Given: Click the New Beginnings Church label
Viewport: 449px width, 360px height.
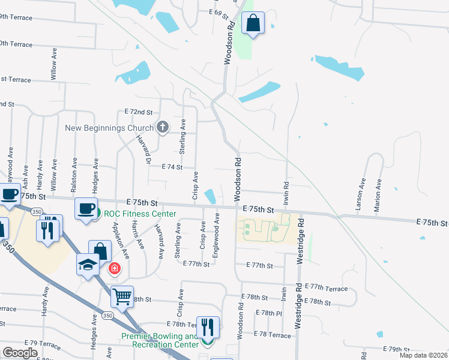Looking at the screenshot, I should (109, 128).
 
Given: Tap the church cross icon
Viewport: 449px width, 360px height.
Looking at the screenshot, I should (162, 127).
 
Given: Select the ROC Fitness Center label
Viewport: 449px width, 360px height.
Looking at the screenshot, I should (140, 214).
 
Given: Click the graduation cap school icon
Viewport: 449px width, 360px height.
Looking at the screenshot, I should (88, 264).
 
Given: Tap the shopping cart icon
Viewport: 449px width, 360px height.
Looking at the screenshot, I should (122, 296).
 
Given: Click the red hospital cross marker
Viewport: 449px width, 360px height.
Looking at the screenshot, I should (113, 268).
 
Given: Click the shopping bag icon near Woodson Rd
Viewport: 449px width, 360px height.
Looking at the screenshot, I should (253, 23).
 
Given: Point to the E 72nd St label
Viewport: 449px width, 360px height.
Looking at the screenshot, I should (139, 112).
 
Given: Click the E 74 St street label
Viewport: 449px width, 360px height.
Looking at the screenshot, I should (172, 167).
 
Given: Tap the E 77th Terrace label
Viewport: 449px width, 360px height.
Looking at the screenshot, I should (326, 289).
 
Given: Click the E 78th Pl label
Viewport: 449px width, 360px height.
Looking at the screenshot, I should (268, 313).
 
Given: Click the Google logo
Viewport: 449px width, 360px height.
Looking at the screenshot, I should (20, 353).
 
